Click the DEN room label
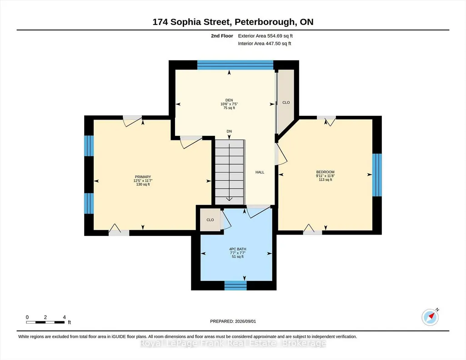click(229, 100)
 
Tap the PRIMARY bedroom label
click(143, 177)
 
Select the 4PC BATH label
click(237, 249)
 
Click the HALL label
click(260, 172)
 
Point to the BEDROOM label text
click(326, 172)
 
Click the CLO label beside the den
click(286, 102)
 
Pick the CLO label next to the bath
click(210, 220)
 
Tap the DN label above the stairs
click(229, 131)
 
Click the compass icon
click(430, 317)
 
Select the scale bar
click(45, 322)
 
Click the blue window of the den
click(235, 65)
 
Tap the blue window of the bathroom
click(236, 285)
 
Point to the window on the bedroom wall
click(377, 175)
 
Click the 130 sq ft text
click(143, 185)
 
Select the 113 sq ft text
click(326, 180)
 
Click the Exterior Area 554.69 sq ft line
click(266, 36)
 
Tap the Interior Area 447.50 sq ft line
click(265, 43)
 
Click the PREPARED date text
click(233, 321)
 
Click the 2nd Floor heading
click(222, 36)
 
